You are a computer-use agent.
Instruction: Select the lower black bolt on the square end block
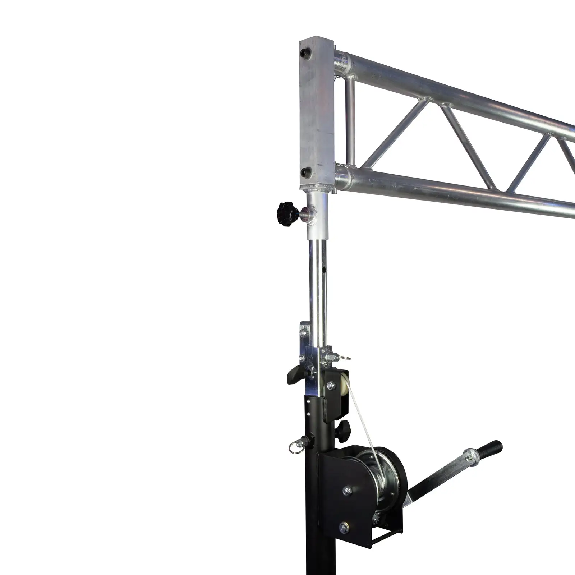point(306,173)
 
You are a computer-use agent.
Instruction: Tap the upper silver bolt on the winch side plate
point(347,491)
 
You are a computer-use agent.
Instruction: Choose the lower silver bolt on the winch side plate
point(344,528)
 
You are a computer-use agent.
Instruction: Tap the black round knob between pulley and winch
point(343,430)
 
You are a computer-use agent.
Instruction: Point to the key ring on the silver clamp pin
point(345,358)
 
